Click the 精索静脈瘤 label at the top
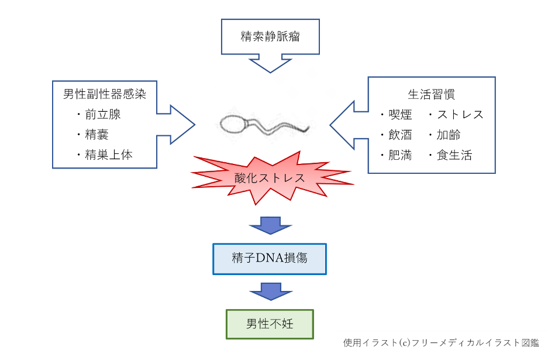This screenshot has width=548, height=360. click(x=270, y=36)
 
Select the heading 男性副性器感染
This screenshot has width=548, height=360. click(x=105, y=94)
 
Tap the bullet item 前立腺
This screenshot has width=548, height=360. click(x=103, y=114)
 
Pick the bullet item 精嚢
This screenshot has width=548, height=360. click(x=97, y=135)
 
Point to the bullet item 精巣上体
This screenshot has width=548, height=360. click(x=109, y=155)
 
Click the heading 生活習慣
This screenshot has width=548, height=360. click(x=431, y=94)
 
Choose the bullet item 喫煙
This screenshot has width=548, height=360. click(x=400, y=114)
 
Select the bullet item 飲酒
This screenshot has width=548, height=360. click(x=400, y=135)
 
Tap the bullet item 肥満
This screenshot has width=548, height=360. click(x=400, y=155)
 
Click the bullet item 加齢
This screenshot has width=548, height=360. click(x=449, y=135)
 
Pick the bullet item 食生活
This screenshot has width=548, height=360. click(x=454, y=155)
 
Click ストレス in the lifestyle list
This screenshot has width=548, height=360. click(x=460, y=114)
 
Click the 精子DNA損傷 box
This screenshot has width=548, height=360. click(x=270, y=259)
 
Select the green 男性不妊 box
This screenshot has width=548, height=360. click(x=270, y=324)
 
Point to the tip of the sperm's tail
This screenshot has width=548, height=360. click(x=309, y=128)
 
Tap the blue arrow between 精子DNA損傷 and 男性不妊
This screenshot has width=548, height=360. click(x=271, y=292)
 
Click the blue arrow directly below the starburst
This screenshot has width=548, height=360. click(x=271, y=225)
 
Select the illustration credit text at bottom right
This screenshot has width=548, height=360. click(x=441, y=343)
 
